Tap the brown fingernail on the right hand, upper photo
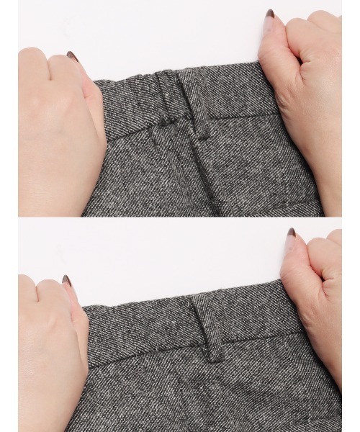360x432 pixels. [271, 14]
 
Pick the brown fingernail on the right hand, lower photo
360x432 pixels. [291, 233]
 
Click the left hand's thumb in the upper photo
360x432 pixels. [90, 94]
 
